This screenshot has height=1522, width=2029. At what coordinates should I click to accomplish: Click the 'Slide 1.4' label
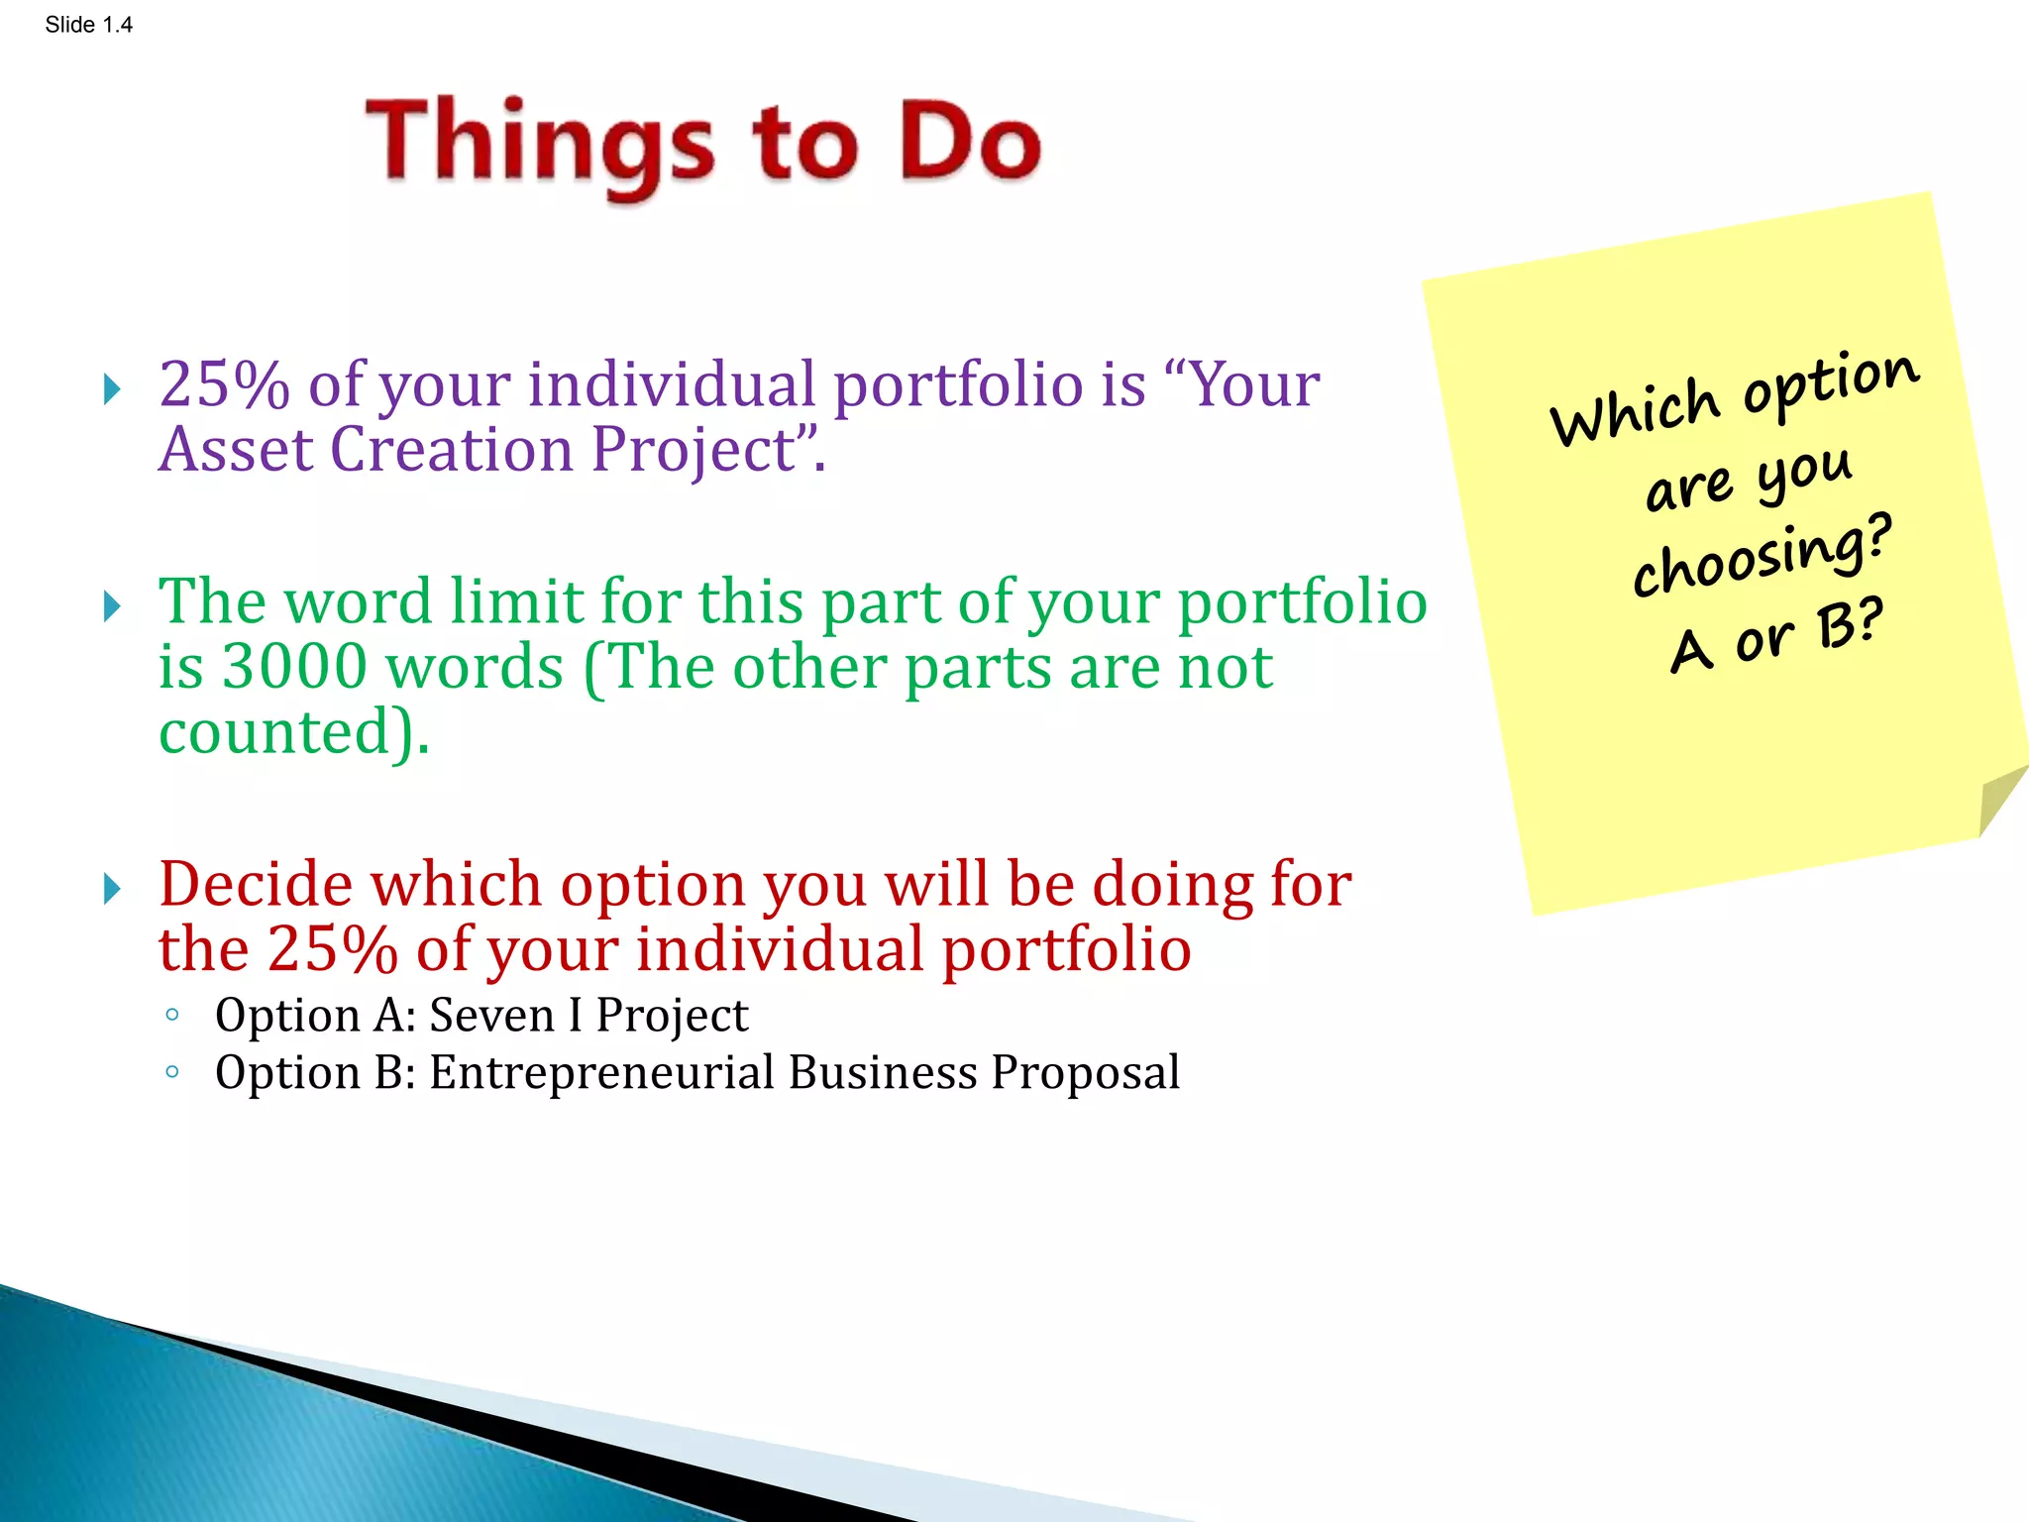pos(88,25)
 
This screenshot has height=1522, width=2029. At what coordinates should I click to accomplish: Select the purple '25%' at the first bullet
pos(224,384)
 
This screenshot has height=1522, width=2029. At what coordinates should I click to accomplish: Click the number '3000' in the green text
pos(294,667)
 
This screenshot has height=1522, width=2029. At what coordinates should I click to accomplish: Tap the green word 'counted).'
pos(294,732)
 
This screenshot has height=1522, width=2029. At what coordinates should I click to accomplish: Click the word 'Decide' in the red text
pos(256,884)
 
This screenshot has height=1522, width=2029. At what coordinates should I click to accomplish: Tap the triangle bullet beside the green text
pos(112,605)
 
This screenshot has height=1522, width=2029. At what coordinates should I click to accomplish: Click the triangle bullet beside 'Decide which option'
pos(112,889)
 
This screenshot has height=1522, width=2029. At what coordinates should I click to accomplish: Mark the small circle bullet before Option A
pos(172,1015)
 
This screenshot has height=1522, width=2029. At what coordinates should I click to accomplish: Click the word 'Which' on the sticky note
pos(1635,411)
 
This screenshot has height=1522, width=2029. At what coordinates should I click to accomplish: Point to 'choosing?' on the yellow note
pos(1762,557)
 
